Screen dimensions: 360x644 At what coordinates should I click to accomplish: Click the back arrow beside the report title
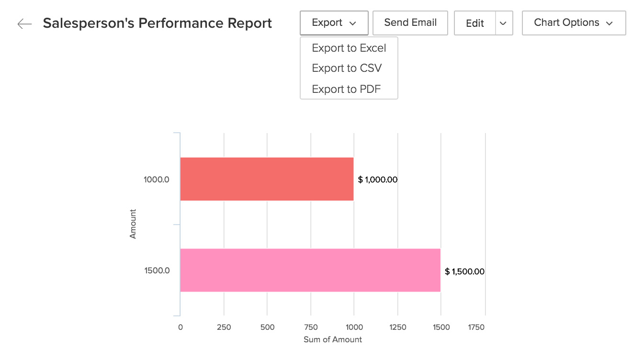tap(24, 24)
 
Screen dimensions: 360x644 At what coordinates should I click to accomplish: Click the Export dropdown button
tap(334, 23)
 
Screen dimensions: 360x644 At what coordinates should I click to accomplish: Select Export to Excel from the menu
tap(349, 48)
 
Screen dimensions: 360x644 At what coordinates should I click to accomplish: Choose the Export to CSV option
tap(347, 68)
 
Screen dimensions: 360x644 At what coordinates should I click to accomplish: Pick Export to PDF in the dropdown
tap(346, 89)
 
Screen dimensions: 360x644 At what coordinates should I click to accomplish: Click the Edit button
tap(475, 23)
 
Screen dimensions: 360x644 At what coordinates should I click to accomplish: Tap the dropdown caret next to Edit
tap(503, 23)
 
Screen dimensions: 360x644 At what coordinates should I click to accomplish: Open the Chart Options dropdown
tap(573, 23)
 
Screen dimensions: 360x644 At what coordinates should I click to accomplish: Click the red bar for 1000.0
tap(267, 179)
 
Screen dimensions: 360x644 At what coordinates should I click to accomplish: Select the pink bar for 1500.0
tap(310, 270)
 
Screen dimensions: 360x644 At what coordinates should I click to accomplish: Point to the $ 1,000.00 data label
tap(378, 180)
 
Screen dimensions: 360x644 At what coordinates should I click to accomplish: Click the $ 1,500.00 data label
tap(464, 272)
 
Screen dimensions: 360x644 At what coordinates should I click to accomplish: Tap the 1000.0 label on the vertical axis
tap(157, 180)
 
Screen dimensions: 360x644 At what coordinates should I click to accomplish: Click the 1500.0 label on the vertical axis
tap(157, 271)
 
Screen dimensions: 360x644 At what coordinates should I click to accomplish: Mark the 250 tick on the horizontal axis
tap(224, 327)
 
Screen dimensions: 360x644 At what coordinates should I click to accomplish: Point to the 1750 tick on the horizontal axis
tap(476, 327)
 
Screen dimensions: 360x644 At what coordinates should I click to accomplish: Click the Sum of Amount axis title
tap(333, 339)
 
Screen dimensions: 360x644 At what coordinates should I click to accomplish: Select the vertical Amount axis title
tap(133, 224)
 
